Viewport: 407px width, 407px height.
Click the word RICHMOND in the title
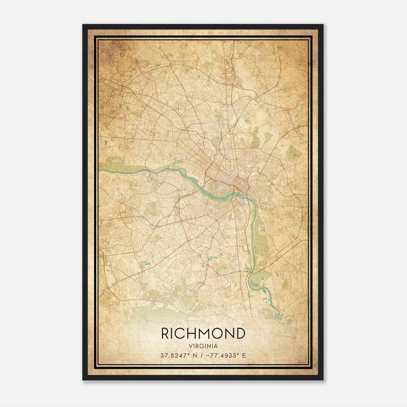click(x=203, y=334)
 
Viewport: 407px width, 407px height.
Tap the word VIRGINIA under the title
click(x=203, y=346)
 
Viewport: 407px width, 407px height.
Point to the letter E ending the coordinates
click(x=244, y=356)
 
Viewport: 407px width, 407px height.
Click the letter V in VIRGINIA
click(x=190, y=346)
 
